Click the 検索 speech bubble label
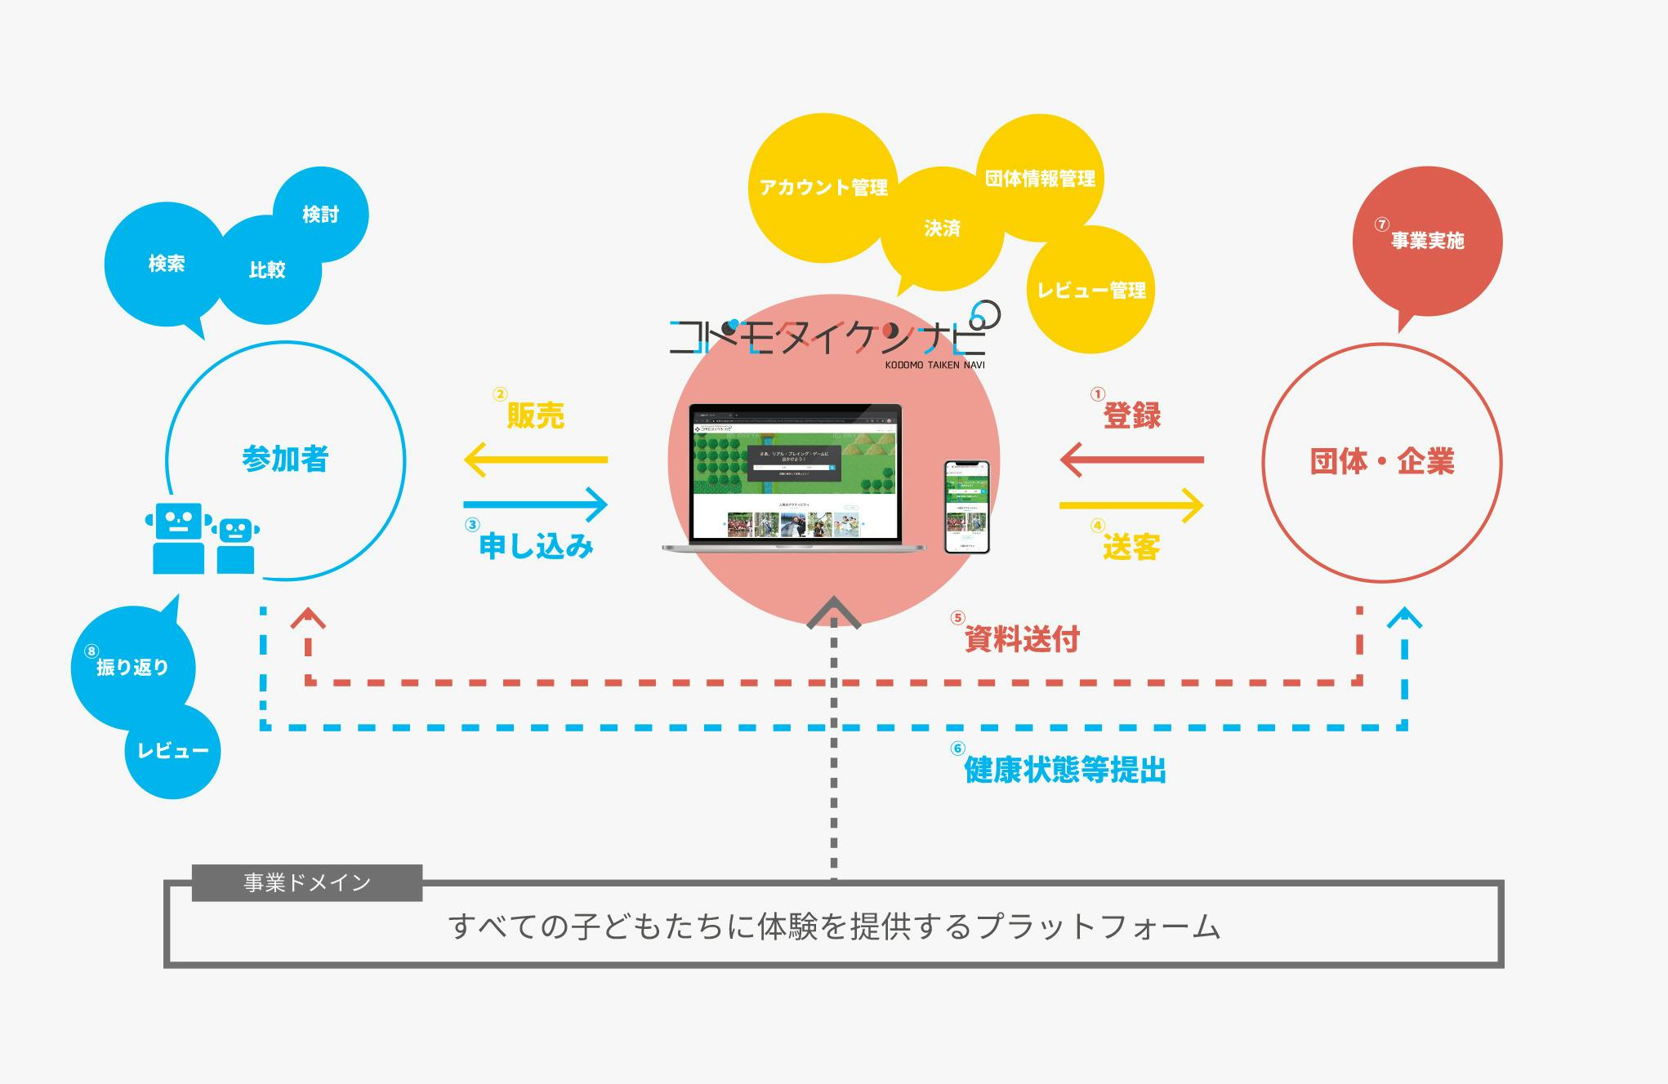pyautogui.click(x=167, y=264)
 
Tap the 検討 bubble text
pyautogui.click(x=320, y=215)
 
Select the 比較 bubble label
pyautogui.click(x=267, y=270)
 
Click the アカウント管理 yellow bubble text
pyautogui.click(x=823, y=188)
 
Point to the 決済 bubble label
pyautogui.click(x=942, y=229)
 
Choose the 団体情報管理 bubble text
pyautogui.click(x=1040, y=179)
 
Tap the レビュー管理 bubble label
pyautogui.click(x=1091, y=291)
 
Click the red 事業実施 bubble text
pyautogui.click(x=1427, y=241)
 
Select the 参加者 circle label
pyautogui.click(x=285, y=460)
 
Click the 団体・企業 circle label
pyautogui.click(x=1382, y=462)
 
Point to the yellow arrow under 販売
pyautogui.click(x=536, y=460)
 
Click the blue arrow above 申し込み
pyautogui.click(x=536, y=504)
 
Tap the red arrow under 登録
pyautogui.click(x=1131, y=460)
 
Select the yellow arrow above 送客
pyautogui.click(x=1131, y=505)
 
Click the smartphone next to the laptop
pyautogui.click(x=967, y=507)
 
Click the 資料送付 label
pyautogui.click(x=1022, y=639)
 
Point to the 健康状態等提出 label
pyautogui.click(x=1065, y=770)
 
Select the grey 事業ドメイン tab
pyautogui.click(x=307, y=883)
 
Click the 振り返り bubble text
pyautogui.click(x=132, y=668)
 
